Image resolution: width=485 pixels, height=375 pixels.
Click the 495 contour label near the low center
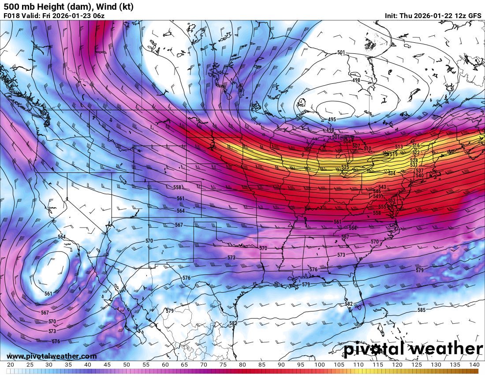[x=332, y=120]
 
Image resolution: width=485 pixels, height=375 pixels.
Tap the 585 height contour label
[x=422, y=310]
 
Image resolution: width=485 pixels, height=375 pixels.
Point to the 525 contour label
[x=345, y=167]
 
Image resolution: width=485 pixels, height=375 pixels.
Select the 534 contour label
[x=392, y=173]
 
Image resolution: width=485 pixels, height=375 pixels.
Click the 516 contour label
[x=416, y=146]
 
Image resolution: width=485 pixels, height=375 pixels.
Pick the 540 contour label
[x=419, y=176]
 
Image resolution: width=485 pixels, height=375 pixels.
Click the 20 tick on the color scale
[x=11, y=365]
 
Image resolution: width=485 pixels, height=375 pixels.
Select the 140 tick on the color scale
[x=474, y=365]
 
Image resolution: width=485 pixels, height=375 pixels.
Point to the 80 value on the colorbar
[x=242, y=365]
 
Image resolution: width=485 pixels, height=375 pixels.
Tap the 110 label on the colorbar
[x=358, y=365]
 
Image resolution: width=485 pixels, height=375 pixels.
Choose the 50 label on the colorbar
[x=126, y=365]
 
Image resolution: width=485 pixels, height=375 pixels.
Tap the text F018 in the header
[x=11, y=16]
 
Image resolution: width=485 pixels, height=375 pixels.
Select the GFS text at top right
[x=474, y=16]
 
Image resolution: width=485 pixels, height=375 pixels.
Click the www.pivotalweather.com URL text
[x=52, y=356]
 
